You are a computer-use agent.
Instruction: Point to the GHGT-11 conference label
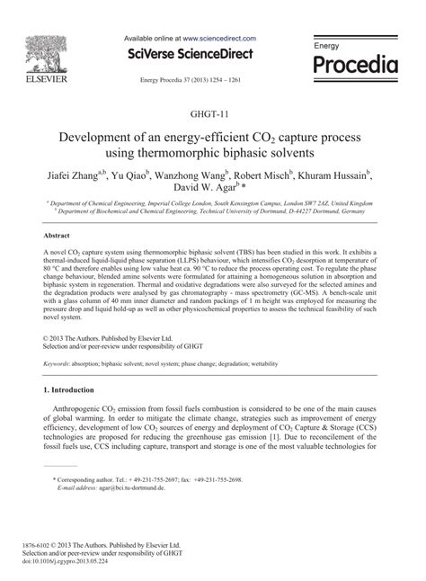pyautogui.click(x=212, y=116)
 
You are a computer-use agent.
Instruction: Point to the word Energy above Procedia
pyautogui.click(x=326, y=44)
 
